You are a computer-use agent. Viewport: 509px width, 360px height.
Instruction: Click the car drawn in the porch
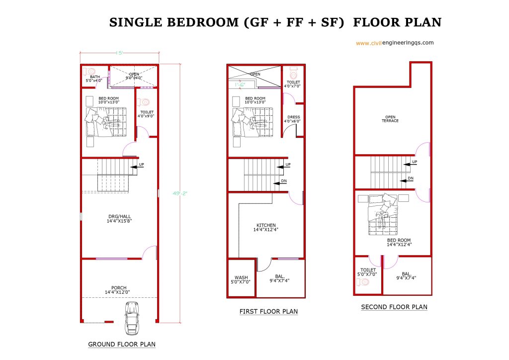[x=132, y=318]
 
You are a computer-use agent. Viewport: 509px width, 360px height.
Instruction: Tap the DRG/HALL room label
[x=119, y=218]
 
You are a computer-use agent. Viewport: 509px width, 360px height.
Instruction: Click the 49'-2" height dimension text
[x=180, y=193]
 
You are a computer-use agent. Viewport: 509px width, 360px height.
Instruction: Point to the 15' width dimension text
[x=119, y=53]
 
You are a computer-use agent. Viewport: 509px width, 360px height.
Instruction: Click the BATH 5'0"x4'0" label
[x=94, y=79]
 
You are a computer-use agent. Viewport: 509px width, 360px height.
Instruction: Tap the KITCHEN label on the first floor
[x=266, y=227]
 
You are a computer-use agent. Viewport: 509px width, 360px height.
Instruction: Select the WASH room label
[x=241, y=279]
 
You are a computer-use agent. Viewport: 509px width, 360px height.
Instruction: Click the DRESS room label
[x=293, y=119]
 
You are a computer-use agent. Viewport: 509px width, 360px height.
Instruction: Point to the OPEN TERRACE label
[x=390, y=119]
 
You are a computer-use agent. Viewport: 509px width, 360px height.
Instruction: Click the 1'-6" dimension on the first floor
[x=240, y=85]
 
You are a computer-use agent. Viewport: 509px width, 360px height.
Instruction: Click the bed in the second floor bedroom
[x=383, y=214]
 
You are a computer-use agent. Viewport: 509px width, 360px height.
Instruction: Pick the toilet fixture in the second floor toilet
[x=363, y=282]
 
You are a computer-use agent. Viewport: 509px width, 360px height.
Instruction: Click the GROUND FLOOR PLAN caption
[x=122, y=344]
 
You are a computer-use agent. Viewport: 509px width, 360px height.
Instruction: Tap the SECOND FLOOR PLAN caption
[x=394, y=307]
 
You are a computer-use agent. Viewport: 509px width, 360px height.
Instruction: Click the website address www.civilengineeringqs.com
[x=395, y=43]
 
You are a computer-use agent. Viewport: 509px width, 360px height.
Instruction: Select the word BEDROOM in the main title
[x=203, y=22]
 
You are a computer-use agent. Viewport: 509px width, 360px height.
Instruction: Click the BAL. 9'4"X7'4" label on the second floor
[x=406, y=276]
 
